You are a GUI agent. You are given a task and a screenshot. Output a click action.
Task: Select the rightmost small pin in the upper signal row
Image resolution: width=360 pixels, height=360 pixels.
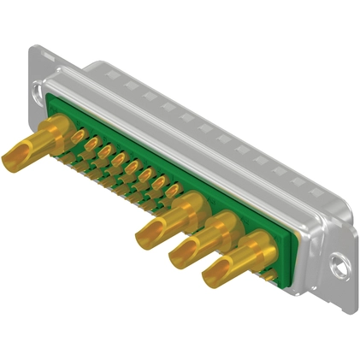pyautogui.click(x=173, y=189)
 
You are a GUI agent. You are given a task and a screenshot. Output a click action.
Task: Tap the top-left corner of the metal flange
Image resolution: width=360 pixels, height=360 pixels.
pyautogui.click(x=33, y=48)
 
